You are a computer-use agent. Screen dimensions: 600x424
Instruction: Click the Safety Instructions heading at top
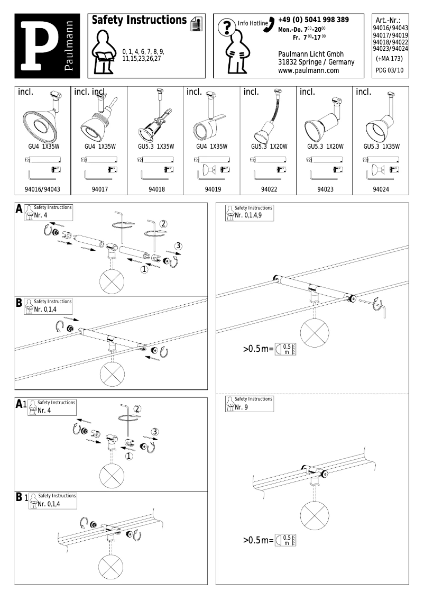[139, 20]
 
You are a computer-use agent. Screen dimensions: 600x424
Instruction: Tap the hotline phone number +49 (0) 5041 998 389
[313, 20]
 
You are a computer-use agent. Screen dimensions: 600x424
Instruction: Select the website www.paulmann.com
[308, 70]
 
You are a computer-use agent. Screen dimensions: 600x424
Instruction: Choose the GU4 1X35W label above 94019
[212, 147]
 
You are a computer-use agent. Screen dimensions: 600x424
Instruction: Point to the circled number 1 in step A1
[129, 454]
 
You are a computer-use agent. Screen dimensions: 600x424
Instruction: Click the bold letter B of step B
[19, 303]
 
